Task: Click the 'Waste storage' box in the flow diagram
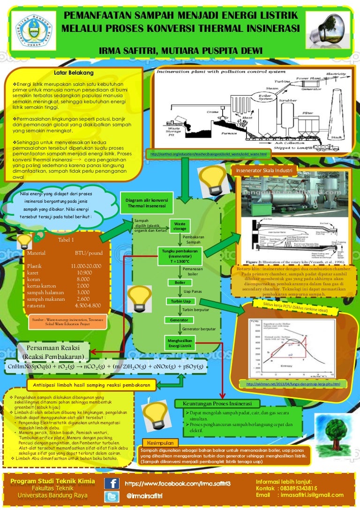[x=180, y=226]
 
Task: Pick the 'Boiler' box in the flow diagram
[x=180, y=283]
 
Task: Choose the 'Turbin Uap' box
[x=180, y=301]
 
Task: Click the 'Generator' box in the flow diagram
[x=180, y=320]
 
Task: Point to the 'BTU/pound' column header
[x=89, y=253]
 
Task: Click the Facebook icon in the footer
[x=111, y=484]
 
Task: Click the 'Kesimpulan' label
[x=159, y=443]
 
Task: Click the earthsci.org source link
[x=208, y=154]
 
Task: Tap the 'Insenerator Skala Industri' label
[x=265, y=169]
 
